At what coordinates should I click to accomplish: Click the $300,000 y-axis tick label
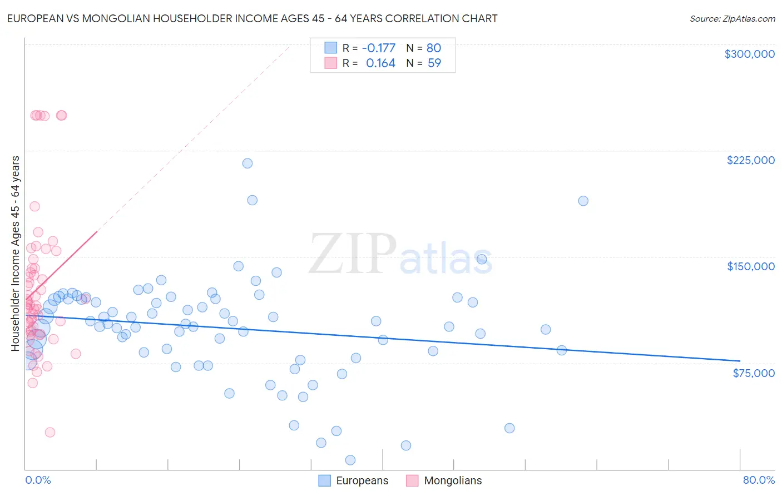[749, 54]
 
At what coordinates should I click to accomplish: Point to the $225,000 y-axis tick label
[750, 160]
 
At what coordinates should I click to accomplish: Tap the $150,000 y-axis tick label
[750, 266]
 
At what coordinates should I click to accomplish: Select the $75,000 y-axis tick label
[753, 373]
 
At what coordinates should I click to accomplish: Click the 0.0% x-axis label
[38, 480]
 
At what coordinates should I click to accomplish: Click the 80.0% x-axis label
[759, 480]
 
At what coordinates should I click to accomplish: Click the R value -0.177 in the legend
[378, 48]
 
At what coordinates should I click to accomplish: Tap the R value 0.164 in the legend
[380, 63]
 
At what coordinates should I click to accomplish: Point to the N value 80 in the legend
[433, 48]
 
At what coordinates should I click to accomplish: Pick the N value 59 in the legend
[434, 63]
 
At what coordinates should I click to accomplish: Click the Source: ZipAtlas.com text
[732, 18]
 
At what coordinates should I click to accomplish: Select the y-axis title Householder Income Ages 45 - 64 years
[16, 254]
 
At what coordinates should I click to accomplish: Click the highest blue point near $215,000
[248, 163]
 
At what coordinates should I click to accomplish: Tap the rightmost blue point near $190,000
[583, 201]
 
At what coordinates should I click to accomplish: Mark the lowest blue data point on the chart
[350, 460]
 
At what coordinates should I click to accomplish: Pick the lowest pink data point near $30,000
[50, 432]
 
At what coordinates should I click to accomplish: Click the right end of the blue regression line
[740, 361]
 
